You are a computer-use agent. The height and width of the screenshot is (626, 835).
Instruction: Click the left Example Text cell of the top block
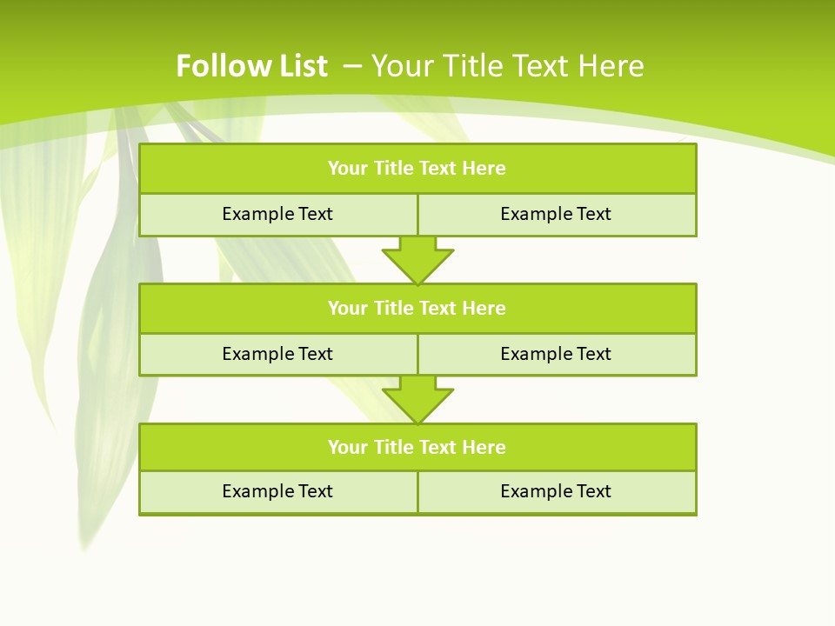tap(277, 214)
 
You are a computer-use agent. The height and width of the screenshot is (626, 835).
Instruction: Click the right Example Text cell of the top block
tap(556, 214)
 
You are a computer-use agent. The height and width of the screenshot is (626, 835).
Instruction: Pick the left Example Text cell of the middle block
tap(277, 354)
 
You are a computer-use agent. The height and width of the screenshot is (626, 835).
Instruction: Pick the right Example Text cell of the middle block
tap(556, 354)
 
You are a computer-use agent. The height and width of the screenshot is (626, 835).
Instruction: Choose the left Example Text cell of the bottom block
tap(277, 491)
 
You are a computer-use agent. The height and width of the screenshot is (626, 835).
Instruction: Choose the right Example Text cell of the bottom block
tap(556, 491)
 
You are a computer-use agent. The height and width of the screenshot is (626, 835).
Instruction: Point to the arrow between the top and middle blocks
tap(417, 260)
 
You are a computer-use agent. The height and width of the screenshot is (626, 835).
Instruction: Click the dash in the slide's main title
tap(353, 64)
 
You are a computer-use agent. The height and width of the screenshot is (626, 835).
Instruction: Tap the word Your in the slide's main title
tap(403, 66)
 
